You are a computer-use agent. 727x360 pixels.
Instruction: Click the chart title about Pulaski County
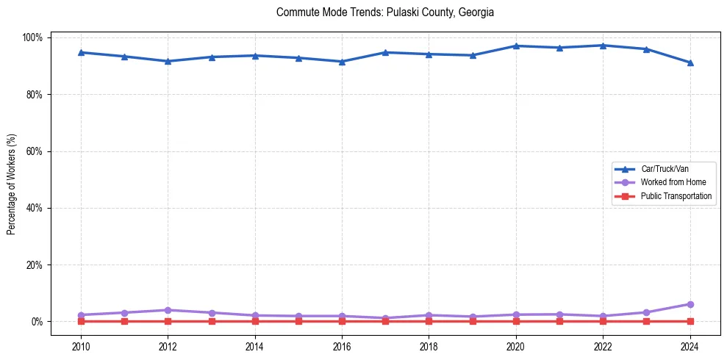click(385, 12)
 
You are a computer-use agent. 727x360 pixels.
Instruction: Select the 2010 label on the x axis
click(81, 345)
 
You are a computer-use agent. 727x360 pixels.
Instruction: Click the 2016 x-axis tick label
click(342, 345)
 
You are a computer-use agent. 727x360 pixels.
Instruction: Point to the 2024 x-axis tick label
click(690, 345)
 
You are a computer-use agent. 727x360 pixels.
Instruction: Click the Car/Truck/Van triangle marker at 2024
click(690, 62)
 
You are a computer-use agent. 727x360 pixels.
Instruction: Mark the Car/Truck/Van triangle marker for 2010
click(81, 52)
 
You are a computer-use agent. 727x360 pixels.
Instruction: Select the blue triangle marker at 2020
click(516, 46)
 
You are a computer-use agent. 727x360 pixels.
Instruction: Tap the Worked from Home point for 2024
click(690, 304)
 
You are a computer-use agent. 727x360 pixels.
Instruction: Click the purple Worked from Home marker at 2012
click(168, 310)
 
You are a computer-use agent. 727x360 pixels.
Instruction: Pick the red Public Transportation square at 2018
click(429, 321)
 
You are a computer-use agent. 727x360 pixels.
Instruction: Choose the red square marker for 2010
click(81, 321)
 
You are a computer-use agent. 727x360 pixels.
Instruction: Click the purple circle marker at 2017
click(385, 318)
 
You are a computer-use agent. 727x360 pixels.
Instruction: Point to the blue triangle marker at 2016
click(342, 61)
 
